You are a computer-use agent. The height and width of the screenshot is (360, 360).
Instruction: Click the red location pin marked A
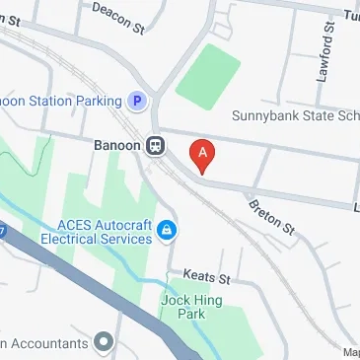tap(202, 155)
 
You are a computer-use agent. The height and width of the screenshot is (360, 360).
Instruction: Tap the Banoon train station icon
tap(155, 146)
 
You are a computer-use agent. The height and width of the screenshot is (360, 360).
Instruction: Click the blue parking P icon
tap(139, 100)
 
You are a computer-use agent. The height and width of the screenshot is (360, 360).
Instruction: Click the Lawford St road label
tap(326, 58)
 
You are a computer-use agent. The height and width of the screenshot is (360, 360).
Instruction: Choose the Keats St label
tap(206, 279)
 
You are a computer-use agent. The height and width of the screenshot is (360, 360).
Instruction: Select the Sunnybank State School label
tap(295, 115)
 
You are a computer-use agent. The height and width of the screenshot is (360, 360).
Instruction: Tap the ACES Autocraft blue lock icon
tap(168, 231)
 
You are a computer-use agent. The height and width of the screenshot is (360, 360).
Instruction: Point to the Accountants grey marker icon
tap(104, 342)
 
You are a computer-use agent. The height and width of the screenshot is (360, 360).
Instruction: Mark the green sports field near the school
tap(208, 74)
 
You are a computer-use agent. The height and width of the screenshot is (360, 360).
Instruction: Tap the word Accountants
tap(44, 343)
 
